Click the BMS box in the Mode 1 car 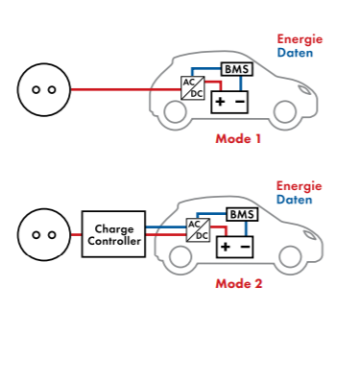(237, 69)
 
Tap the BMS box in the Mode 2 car (242, 214)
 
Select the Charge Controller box (113, 234)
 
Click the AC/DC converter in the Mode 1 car (193, 88)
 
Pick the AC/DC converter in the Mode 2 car (198, 230)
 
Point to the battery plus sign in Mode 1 (220, 102)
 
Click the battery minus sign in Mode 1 (240, 102)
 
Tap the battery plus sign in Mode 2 (226, 247)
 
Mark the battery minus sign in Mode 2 (246, 247)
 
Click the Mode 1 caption (238, 139)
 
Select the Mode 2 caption (239, 284)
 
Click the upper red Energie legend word (300, 39)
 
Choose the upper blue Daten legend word (295, 53)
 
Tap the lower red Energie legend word (300, 186)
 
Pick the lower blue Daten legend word (295, 200)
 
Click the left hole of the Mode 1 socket (36, 90)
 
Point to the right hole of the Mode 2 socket (52, 235)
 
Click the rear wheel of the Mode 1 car (175, 111)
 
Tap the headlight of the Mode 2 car (310, 235)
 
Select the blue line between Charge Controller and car (166, 227)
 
